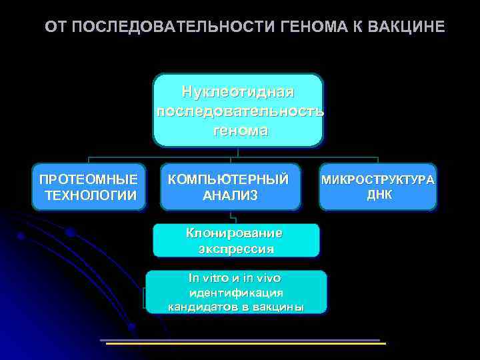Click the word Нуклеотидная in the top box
(x=238, y=91)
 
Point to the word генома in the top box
(x=240, y=131)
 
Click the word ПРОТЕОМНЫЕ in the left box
(x=89, y=179)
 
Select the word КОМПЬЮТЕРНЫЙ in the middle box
(x=228, y=179)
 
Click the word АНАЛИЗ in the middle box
(x=230, y=195)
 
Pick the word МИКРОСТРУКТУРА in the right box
(x=378, y=180)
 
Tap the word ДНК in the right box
(x=379, y=194)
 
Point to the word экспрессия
(x=236, y=249)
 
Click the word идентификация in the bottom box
(x=236, y=293)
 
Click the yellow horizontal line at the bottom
(x=247, y=343)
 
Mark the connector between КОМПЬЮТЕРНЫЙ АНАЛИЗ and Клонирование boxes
(x=231, y=216)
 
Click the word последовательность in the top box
(x=240, y=111)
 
